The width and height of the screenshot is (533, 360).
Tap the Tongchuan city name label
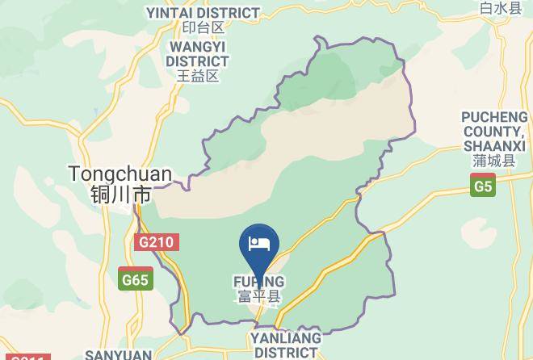click(x=120, y=174)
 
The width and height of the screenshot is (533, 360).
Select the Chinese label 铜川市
click(x=120, y=195)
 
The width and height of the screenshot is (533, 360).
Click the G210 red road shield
click(x=155, y=241)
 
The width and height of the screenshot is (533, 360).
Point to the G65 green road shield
click(x=134, y=280)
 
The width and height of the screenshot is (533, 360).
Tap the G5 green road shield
click(x=483, y=187)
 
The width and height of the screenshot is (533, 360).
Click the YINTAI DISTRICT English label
click(x=203, y=13)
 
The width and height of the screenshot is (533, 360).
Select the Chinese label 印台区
click(x=202, y=28)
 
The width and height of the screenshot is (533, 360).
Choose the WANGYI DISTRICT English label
click(x=197, y=53)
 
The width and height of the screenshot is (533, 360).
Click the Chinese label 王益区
click(x=197, y=77)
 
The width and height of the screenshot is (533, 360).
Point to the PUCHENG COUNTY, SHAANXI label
click(x=494, y=131)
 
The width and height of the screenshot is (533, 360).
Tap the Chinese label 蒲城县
click(x=494, y=161)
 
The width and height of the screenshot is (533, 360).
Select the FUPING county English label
click(x=259, y=282)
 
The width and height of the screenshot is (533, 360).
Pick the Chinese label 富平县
click(x=259, y=297)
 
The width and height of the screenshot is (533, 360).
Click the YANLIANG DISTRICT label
click(x=285, y=345)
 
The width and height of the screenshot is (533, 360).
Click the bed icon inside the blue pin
click(x=260, y=241)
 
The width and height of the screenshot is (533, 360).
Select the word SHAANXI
click(x=494, y=145)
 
